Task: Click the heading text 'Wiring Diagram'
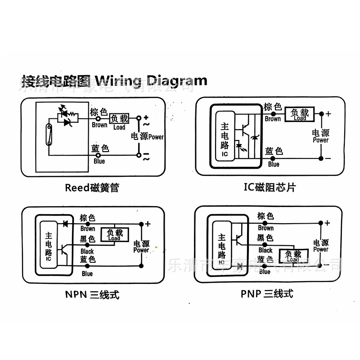[x=151, y=81]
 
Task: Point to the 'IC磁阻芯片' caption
[x=270, y=187]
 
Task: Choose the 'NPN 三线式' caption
[x=92, y=295]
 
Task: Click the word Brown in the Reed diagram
[x=99, y=125]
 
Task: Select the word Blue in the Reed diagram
[x=99, y=161]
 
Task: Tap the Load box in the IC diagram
[x=300, y=114]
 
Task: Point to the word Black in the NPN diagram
[x=87, y=252]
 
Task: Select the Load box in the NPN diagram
[x=114, y=234]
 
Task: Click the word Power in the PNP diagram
[x=321, y=249]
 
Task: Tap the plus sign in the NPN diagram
[x=148, y=224]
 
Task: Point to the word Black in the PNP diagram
[x=265, y=250]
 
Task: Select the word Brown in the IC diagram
[x=273, y=119]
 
